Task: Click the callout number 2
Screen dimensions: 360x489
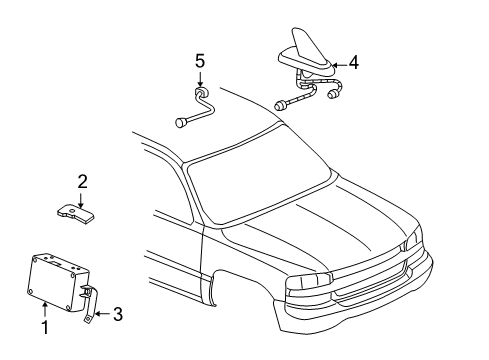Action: point(83,181)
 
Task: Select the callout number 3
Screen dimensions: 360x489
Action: point(118,316)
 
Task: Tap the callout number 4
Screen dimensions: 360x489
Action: point(353,61)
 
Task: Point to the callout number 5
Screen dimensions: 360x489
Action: point(199,60)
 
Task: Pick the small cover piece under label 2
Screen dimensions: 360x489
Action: point(80,216)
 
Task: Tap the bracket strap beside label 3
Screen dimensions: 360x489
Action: point(91,305)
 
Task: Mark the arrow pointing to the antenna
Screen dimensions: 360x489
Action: point(335,62)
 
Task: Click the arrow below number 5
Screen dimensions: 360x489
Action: point(199,80)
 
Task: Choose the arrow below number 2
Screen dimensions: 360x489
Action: point(83,199)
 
